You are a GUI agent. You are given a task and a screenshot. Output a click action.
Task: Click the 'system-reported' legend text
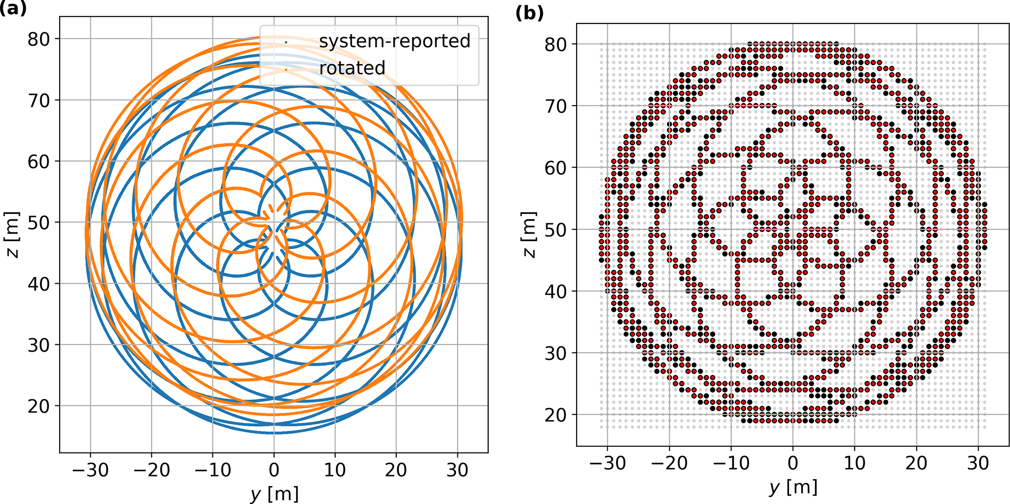(x=394, y=41)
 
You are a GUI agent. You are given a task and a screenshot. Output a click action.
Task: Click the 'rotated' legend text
(x=352, y=68)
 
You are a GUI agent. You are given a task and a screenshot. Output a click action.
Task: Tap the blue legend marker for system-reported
(x=286, y=42)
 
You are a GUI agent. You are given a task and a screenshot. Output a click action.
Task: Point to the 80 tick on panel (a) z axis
(x=39, y=39)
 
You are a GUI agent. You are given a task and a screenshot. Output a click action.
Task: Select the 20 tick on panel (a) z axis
(x=39, y=406)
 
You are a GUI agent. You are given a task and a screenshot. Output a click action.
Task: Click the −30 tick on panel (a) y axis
(x=90, y=470)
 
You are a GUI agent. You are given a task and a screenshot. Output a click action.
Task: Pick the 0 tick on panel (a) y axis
(x=274, y=470)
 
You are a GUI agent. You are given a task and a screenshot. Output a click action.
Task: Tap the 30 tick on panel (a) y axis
(x=457, y=470)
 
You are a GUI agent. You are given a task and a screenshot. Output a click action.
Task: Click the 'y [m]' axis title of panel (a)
(x=274, y=493)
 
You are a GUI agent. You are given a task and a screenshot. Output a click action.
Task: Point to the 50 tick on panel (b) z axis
(x=556, y=230)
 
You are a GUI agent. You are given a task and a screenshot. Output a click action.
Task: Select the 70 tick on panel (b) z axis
(x=556, y=106)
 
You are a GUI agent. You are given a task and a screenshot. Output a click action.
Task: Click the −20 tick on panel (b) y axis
(x=669, y=463)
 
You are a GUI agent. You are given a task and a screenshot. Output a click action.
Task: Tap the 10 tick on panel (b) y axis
(x=855, y=463)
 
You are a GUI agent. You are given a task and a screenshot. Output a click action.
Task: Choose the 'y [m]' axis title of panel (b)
(x=793, y=486)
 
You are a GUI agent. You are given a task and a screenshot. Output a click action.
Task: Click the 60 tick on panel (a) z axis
(x=39, y=162)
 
